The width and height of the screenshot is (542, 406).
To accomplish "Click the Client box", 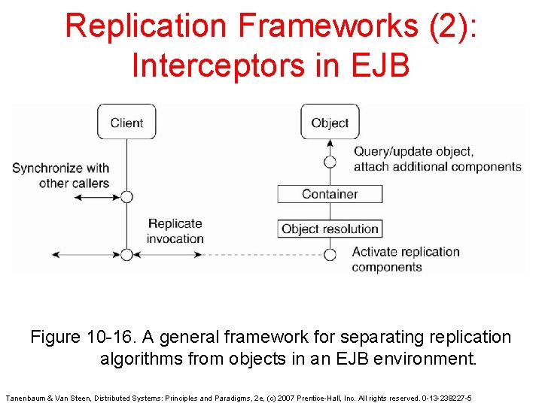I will coord(126,123).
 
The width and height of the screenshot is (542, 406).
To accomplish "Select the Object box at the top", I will coord(330,123).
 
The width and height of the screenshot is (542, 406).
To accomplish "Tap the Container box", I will coord(330,194).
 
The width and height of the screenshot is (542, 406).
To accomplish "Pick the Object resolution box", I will coord(330,229).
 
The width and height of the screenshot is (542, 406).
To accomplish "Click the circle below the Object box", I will coord(330,162).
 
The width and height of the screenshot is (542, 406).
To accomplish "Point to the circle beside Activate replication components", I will coord(330,254).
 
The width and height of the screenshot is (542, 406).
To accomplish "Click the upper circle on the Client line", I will coord(126,197).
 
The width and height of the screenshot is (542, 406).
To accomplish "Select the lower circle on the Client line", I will coord(126,254).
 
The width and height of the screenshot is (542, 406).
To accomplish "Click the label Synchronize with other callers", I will coord(60,175).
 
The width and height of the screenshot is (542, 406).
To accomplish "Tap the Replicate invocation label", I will coord(175,231).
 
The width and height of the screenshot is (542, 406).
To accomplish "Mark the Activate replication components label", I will coord(406,259).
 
